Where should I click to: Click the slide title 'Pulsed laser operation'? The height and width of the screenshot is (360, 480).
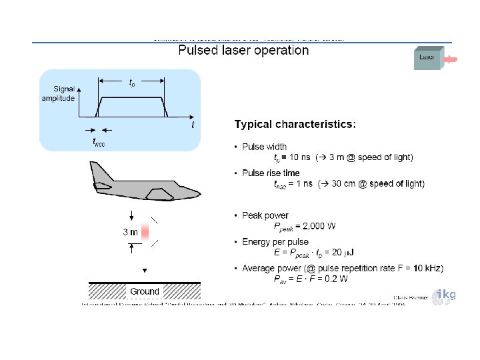tap(243, 51)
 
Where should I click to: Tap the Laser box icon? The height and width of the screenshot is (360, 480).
tap(427, 59)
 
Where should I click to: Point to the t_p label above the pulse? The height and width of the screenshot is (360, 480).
tap(133, 83)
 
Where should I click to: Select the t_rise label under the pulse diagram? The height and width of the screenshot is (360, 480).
tap(99, 141)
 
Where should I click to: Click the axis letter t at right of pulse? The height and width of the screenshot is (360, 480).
tap(193, 125)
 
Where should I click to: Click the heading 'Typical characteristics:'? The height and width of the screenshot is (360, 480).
tap(295, 124)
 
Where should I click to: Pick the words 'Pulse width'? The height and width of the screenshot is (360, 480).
tap(265, 147)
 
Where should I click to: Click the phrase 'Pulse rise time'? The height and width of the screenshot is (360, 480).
tap(271, 173)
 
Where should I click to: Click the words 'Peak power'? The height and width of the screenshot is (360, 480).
tap(265, 215)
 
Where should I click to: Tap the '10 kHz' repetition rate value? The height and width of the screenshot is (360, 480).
tap(427, 268)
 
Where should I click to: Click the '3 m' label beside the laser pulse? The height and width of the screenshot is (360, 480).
tap(130, 233)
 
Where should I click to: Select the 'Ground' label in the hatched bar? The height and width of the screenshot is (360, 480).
tap(145, 291)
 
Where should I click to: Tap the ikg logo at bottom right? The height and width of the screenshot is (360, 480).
tap(445, 296)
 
